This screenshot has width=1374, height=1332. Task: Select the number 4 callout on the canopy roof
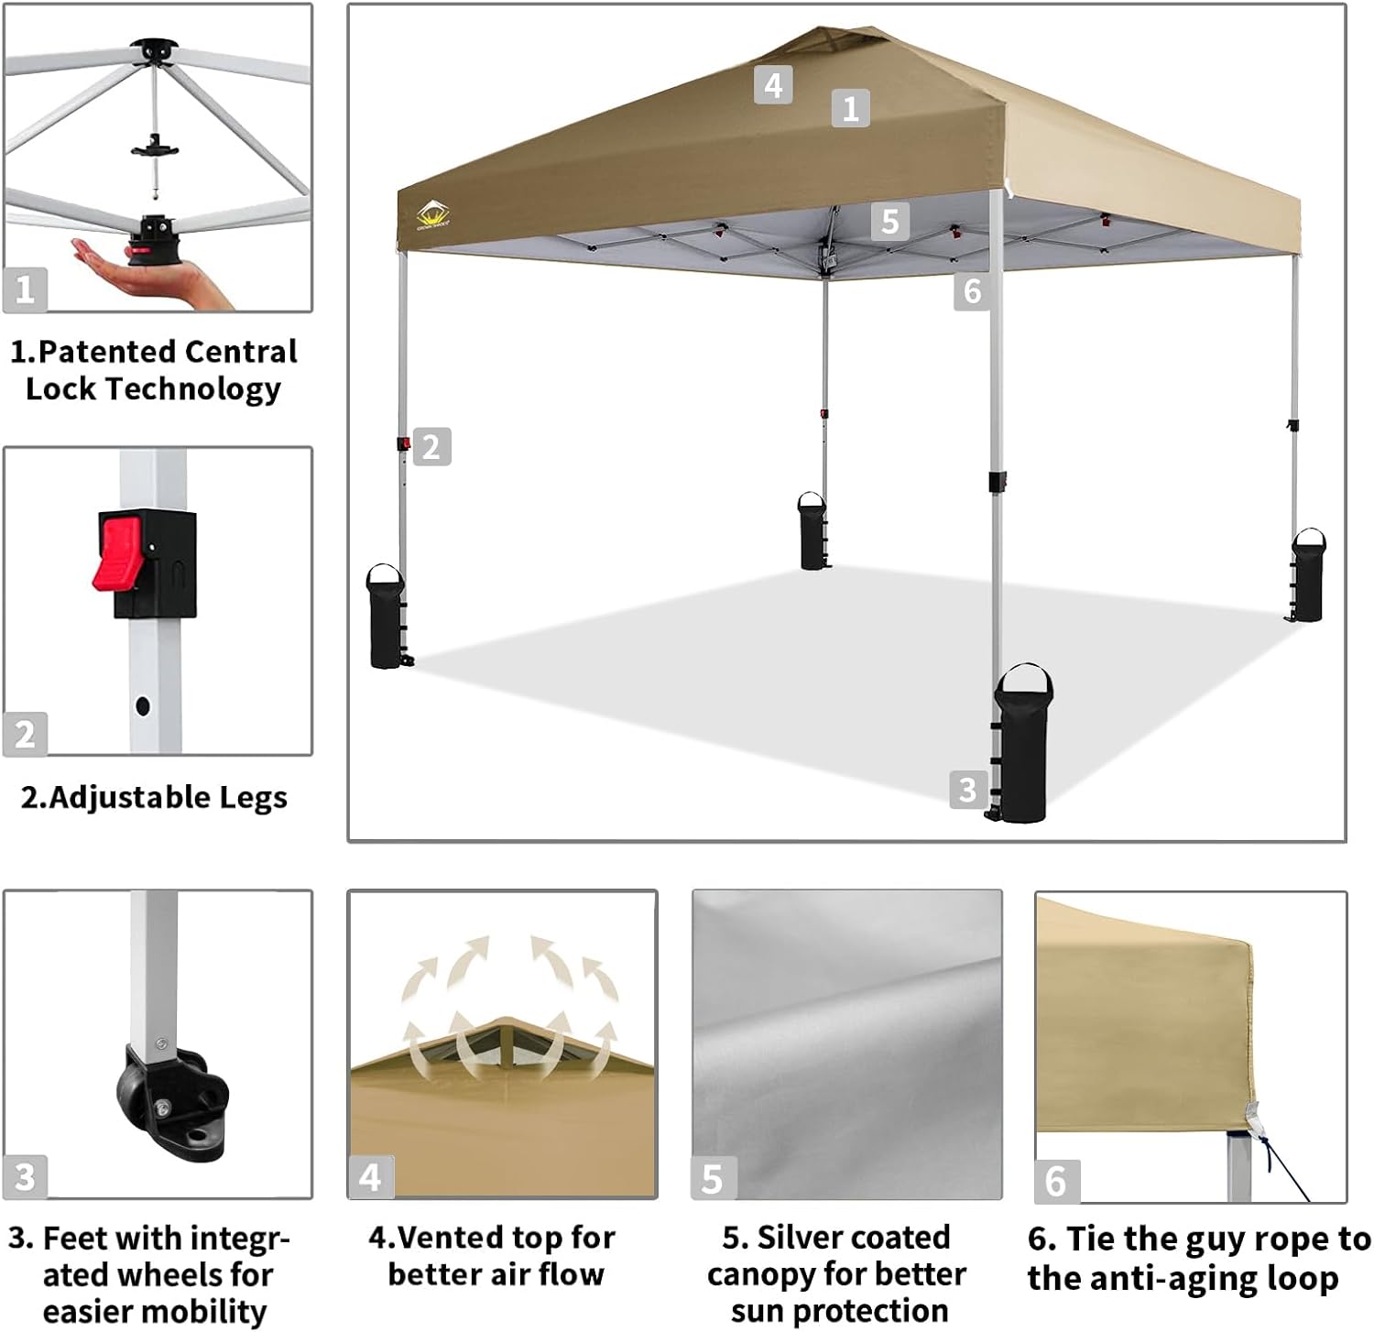click(773, 85)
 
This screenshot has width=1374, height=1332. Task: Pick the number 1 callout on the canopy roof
click(850, 108)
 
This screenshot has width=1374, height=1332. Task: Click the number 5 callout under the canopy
click(889, 221)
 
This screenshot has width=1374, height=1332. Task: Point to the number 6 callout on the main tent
click(972, 291)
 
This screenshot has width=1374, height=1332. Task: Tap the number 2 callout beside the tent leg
click(431, 447)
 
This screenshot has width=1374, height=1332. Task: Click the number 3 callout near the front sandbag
click(967, 789)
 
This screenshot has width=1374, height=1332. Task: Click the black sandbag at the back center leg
click(812, 532)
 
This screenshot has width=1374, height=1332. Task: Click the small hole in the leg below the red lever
click(143, 705)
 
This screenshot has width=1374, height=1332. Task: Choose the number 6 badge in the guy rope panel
click(1055, 1181)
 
